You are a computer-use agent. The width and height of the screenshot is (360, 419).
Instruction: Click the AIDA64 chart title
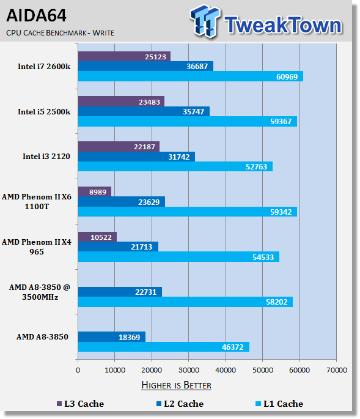(36, 15)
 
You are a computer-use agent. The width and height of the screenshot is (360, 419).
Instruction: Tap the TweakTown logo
(266, 21)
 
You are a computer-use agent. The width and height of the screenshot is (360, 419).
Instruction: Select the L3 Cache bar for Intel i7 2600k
(124, 56)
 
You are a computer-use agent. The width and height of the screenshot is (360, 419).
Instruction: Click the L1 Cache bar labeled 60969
(191, 76)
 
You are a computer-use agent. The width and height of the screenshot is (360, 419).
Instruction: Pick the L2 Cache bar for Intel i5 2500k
(144, 111)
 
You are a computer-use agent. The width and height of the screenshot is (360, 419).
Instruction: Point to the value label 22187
(144, 147)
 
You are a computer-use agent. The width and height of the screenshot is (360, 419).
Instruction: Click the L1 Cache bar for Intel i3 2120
(175, 166)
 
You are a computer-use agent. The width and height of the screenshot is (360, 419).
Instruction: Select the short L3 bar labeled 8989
(95, 191)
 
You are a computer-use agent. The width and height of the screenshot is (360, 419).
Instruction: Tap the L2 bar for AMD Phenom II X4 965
(118, 247)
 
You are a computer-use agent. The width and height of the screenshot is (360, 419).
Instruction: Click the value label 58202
(277, 302)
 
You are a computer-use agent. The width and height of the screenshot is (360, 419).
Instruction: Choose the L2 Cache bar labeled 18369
(112, 337)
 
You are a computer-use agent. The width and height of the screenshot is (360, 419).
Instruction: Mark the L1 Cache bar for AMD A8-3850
(164, 347)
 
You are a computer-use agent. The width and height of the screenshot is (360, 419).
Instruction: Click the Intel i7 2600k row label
(44, 67)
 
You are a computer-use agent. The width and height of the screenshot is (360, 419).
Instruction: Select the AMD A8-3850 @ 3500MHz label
(40, 292)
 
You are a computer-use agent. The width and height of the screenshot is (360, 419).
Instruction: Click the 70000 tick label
(337, 370)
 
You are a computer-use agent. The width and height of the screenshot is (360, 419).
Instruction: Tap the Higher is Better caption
(176, 385)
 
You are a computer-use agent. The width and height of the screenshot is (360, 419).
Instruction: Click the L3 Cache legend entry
(81, 404)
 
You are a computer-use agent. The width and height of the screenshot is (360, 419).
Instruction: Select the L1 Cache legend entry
(279, 404)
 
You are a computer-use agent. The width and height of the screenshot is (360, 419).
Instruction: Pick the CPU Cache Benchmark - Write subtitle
(60, 33)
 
